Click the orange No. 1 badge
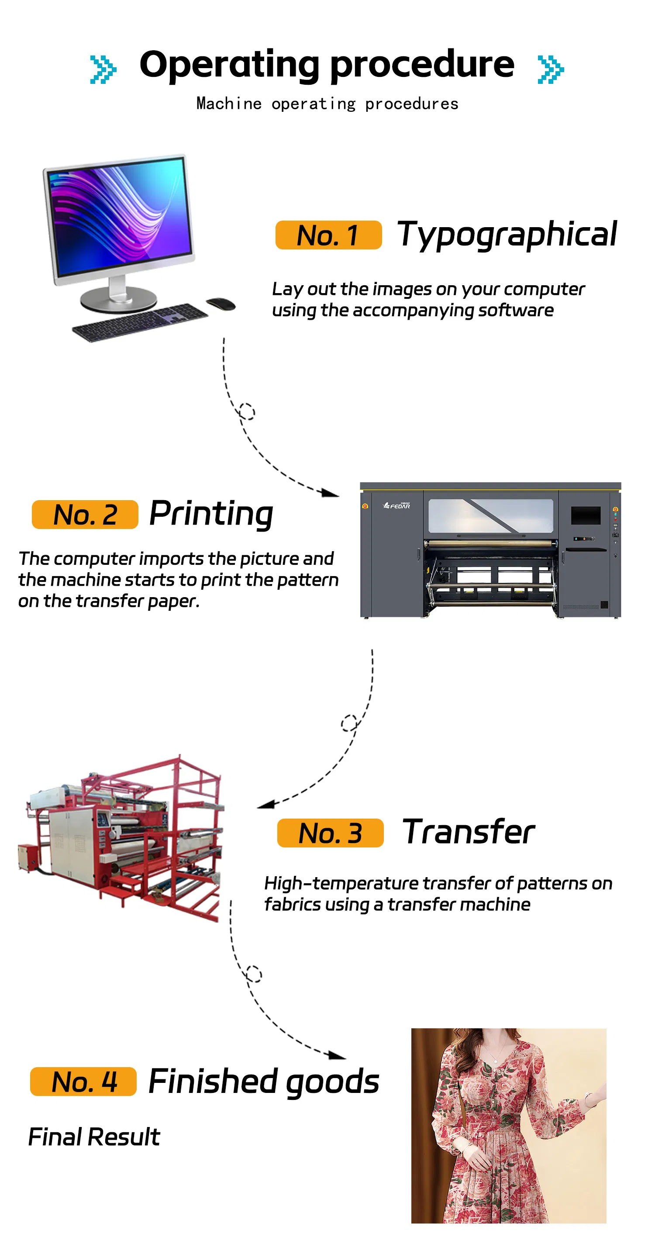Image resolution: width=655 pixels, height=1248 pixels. [x=328, y=235]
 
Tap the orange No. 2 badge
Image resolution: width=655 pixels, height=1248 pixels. [x=85, y=515]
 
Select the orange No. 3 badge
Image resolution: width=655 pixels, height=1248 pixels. [x=330, y=833]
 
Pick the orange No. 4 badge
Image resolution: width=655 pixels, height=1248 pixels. [x=83, y=1081]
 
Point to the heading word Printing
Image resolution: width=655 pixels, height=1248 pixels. [x=211, y=514]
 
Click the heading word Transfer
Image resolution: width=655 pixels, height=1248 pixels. [x=469, y=832]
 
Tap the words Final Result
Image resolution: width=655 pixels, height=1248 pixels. [x=94, y=1137]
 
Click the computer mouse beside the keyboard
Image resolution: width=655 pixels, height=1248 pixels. [x=221, y=303]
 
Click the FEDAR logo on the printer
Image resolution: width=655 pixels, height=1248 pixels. [x=397, y=506]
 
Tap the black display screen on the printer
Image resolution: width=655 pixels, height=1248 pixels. [x=585, y=515]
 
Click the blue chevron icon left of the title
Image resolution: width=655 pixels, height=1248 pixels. [x=103, y=69]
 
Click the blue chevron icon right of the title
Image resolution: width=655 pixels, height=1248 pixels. [x=551, y=69]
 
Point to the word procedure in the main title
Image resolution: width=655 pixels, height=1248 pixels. [x=422, y=65]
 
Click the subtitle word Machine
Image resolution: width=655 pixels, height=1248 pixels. [x=229, y=104]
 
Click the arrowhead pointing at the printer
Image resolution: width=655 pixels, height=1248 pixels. [x=331, y=493]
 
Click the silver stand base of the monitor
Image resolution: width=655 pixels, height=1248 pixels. [x=119, y=299]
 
